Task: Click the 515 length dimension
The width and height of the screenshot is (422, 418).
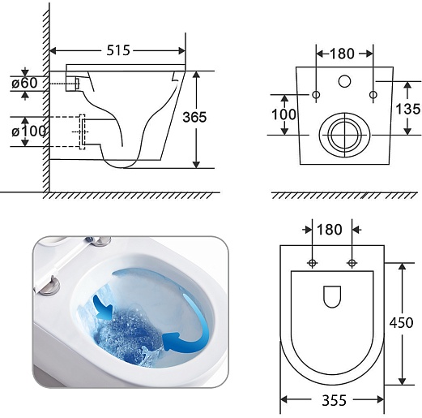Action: point(118,50)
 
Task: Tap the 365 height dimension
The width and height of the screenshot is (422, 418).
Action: point(194,117)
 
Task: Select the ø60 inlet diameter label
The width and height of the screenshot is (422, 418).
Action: point(24,83)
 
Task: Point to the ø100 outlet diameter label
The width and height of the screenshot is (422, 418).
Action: point(28,131)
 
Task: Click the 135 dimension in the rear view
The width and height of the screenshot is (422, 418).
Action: point(407,109)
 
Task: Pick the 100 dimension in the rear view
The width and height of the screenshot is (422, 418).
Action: point(283,114)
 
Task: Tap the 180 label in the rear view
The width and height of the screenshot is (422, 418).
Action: point(342,54)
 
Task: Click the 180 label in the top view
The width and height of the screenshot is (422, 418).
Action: point(330,230)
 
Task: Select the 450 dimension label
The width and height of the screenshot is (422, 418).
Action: point(401,322)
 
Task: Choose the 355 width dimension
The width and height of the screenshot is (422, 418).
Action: point(334,400)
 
